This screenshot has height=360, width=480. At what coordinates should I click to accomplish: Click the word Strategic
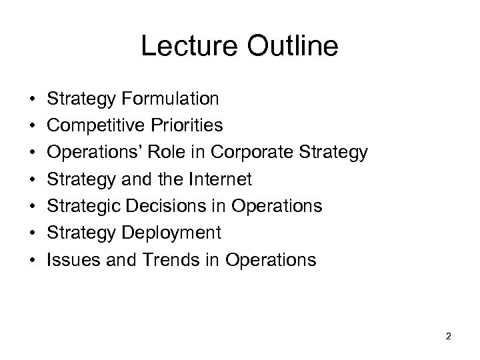click(82, 206)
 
